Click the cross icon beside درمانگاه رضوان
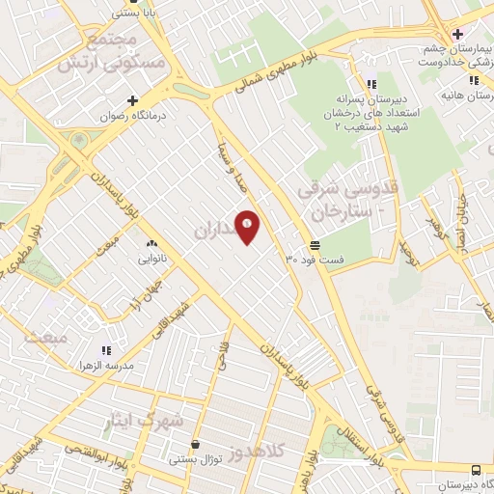(132, 100)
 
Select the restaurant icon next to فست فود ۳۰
(314, 245)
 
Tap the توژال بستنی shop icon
(197, 445)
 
